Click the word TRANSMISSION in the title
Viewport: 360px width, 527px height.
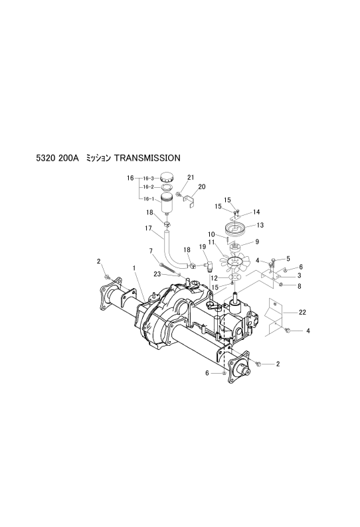click(x=147, y=157)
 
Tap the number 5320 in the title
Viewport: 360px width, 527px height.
click(x=45, y=157)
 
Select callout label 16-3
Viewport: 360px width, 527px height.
click(x=148, y=178)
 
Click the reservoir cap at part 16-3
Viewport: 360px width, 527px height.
click(x=167, y=177)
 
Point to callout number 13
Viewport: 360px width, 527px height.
click(x=260, y=225)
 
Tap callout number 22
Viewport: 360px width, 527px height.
click(x=302, y=312)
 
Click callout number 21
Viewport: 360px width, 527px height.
click(x=191, y=177)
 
